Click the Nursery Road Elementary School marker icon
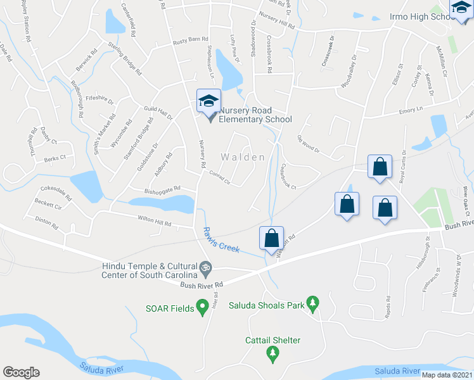(208, 101)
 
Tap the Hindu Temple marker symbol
(205, 270)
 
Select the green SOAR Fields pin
(202, 308)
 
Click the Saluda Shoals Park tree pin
(312, 303)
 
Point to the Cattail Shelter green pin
(272, 353)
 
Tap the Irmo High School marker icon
(461, 8)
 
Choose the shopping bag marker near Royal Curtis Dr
(380, 167)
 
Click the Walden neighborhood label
(243, 156)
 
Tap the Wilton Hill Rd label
(155, 222)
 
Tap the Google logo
(21, 372)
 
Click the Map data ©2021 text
(447, 375)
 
